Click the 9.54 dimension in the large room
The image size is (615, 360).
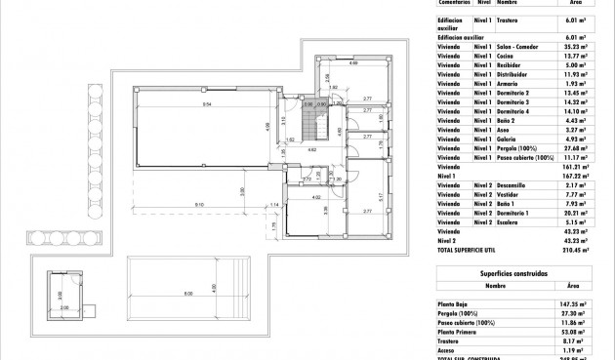coord(208,103)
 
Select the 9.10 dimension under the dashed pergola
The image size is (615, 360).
coord(198,204)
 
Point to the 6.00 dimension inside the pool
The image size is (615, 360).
coord(188,296)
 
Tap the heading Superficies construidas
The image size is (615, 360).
coord(521,274)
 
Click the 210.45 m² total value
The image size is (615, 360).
coord(570,249)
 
